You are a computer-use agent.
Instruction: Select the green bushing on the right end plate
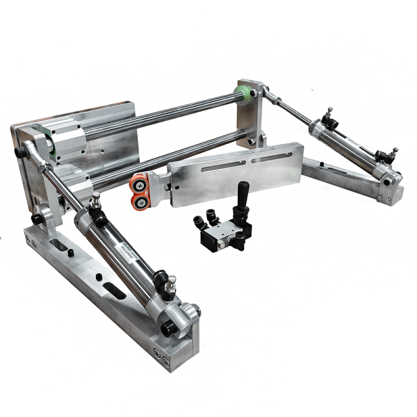(244, 95)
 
